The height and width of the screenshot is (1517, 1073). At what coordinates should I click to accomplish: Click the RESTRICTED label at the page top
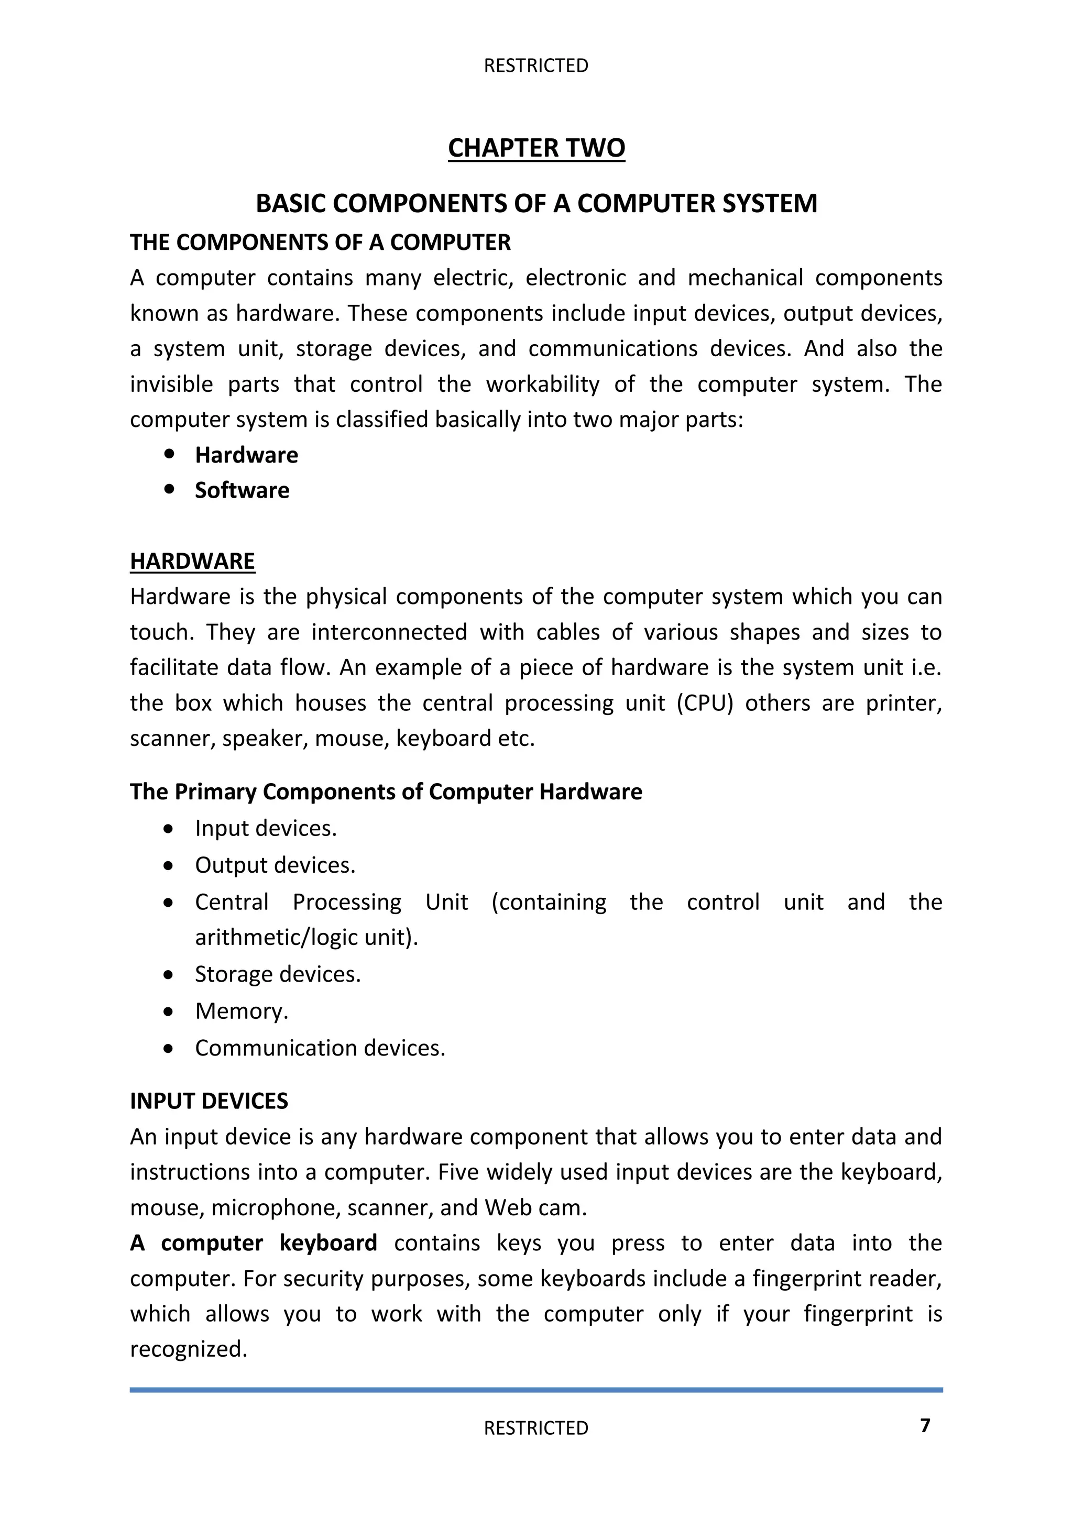coord(536,65)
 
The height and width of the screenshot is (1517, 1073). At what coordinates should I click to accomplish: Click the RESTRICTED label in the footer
coord(536,1428)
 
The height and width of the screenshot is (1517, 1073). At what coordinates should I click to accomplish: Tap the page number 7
coord(925,1425)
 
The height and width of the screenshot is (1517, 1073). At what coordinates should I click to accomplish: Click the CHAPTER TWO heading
coord(536,147)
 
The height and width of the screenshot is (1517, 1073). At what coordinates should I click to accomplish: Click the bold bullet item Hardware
coord(246,455)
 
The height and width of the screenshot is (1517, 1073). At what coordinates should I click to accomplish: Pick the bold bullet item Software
coord(242,490)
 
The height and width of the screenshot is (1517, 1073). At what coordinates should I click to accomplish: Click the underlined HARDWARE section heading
coord(192,561)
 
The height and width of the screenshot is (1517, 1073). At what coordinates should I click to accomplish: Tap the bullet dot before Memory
coord(169,1012)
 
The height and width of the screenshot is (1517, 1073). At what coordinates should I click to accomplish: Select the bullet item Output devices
coord(275,865)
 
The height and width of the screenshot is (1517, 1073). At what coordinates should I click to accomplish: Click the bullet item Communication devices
coord(320,1048)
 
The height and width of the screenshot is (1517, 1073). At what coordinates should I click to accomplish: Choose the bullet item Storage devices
coord(278,974)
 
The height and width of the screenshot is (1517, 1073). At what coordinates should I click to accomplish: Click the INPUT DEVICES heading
coord(209,1101)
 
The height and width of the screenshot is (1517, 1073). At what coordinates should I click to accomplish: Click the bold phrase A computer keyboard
coord(253,1243)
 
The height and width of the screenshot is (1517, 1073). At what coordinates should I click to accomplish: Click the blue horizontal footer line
coord(536,1390)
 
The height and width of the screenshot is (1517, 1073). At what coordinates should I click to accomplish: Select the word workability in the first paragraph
coord(542,384)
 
